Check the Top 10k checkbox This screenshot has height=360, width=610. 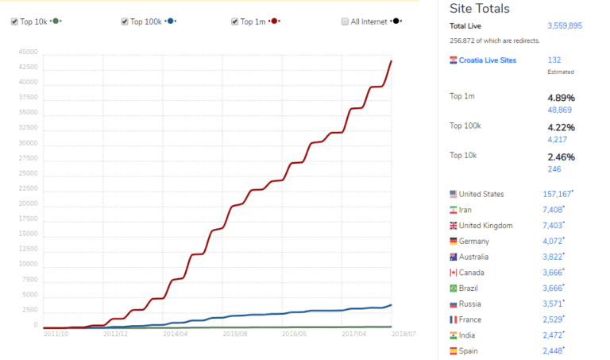click(x=15, y=21)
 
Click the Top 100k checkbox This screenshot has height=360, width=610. click(x=125, y=21)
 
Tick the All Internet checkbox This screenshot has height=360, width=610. click(x=345, y=21)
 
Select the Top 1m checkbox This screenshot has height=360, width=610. click(x=235, y=21)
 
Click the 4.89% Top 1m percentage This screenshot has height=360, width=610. click(x=561, y=98)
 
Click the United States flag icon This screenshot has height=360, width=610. click(x=454, y=194)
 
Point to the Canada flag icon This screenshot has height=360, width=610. click(x=454, y=273)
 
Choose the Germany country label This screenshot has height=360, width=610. click(x=475, y=241)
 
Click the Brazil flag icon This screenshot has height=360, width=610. click(x=454, y=288)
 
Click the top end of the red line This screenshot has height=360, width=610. click(x=391, y=61)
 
